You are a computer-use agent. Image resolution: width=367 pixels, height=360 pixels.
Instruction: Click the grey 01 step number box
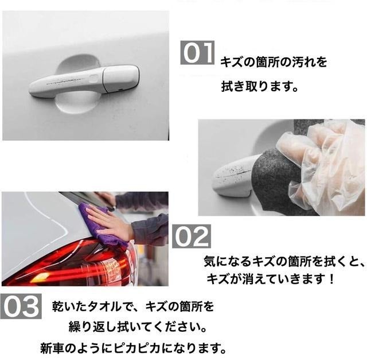tap(197, 52)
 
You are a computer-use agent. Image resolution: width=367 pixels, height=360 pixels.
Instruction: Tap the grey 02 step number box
tap(192, 236)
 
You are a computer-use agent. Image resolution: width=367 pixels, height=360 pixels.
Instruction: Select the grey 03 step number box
tap(21, 307)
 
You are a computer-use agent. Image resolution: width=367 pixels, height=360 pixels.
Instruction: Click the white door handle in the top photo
tap(84, 81)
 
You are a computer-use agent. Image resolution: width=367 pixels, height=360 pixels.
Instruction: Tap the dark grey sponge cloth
tap(276, 173)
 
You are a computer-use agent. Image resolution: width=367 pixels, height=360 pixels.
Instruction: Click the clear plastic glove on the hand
tap(323, 169)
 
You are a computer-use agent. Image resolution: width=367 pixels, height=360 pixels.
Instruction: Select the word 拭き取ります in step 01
tap(253, 86)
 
